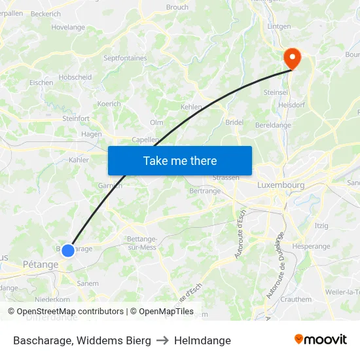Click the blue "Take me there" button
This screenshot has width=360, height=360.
click(180, 160)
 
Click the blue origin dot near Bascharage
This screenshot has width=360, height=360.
click(67, 250)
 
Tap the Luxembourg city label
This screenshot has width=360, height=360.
click(281, 185)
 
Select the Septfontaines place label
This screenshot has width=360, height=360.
click(125, 58)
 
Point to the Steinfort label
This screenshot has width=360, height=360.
click(76, 118)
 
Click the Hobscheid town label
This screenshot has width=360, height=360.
click(75, 77)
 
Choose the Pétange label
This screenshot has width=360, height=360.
click(41, 264)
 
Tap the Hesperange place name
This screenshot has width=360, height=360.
click(312, 247)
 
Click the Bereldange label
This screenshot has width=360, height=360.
click(273, 125)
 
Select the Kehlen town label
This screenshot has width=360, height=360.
click(191, 106)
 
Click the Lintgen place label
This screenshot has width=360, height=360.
click(279, 26)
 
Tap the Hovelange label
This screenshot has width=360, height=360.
click(68, 27)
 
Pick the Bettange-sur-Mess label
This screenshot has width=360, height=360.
click(141, 242)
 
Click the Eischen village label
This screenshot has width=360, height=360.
click(41, 83)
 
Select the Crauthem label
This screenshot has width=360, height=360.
click(296, 299)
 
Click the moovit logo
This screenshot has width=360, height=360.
click(321, 340)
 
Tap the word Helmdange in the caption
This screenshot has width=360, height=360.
click(202, 340)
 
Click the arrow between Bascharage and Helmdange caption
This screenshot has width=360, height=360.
click(162, 340)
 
